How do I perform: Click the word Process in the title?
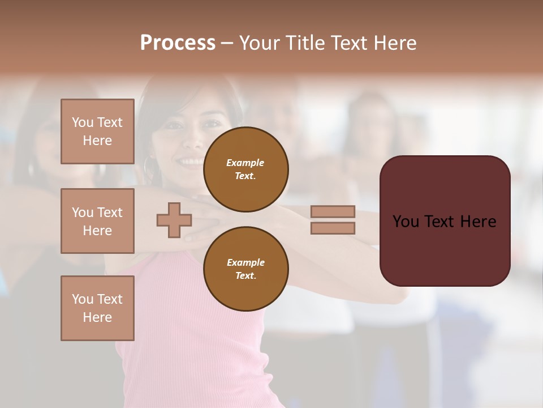[x=178, y=43]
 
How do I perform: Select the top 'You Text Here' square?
[x=97, y=131]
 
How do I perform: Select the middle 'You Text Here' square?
[x=97, y=221]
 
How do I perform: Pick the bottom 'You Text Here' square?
[x=97, y=308]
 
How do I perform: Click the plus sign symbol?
[x=174, y=220]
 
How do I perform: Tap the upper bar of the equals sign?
[x=333, y=211]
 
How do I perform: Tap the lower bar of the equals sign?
[x=333, y=228]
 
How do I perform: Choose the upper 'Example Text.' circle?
[x=245, y=169]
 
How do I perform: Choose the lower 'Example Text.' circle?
[x=245, y=269]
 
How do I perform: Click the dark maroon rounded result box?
[x=445, y=249]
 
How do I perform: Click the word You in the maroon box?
[x=405, y=222]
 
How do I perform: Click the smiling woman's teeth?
[x=191, y=162]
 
